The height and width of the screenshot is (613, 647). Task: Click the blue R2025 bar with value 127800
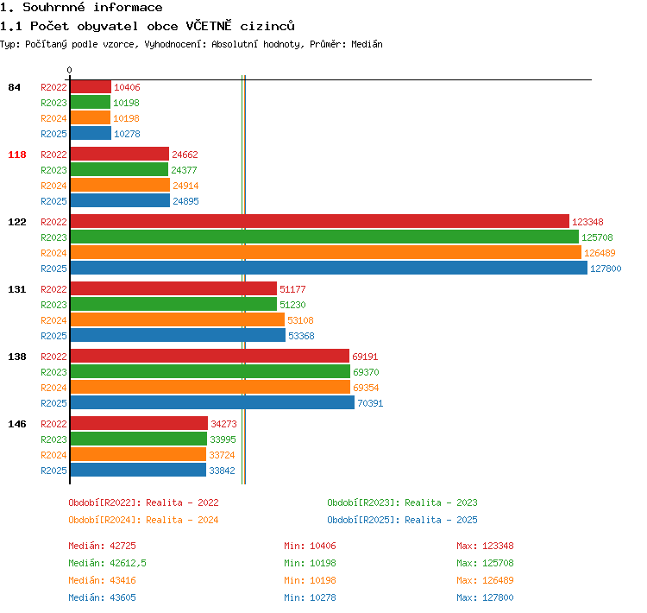[329, 269]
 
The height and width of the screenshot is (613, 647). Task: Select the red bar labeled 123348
[320, 221]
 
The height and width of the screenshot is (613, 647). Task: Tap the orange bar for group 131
[178, 319]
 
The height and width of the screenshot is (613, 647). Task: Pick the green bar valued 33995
[139, 439]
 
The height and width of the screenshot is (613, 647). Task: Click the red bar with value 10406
[91, 86]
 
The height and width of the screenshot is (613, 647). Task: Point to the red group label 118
[17, 155]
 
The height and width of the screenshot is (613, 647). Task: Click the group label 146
[17, 424]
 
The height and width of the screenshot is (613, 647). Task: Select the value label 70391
[370, 403]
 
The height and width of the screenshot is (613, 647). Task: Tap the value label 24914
[185, 186]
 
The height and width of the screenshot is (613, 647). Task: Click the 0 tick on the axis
[69, 70]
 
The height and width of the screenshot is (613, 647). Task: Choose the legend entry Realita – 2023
[441, 502]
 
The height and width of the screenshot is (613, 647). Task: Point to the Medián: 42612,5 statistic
[107, 563]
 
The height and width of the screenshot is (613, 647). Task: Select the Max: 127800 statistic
[485, 597]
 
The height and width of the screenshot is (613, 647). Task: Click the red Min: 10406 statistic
[310, 546]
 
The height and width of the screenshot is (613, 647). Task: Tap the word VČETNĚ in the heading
[209, 26]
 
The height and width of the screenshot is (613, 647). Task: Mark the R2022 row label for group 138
[53, 357]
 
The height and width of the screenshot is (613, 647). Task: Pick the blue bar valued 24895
[120, 201]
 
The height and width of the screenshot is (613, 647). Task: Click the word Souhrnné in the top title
[53, 7]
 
